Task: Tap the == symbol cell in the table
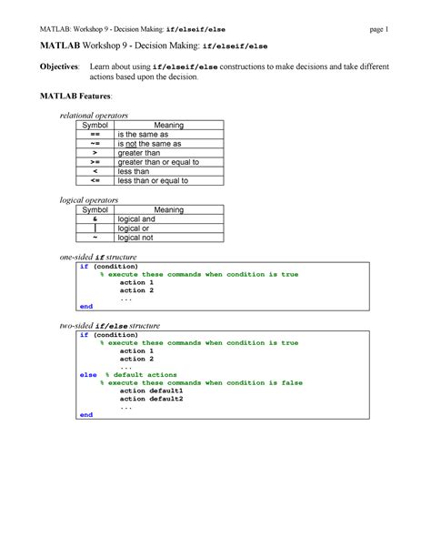click(95, 134)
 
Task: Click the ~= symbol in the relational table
click(95, 144)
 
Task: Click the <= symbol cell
click(95, 180)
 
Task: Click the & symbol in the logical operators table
click(95, 219)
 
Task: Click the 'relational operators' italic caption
click(94, 116)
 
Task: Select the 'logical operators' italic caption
click(88, 199)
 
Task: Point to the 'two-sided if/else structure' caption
click(109, 326)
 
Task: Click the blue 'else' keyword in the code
click(87, 374)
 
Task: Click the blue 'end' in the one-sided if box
click(85, 307)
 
